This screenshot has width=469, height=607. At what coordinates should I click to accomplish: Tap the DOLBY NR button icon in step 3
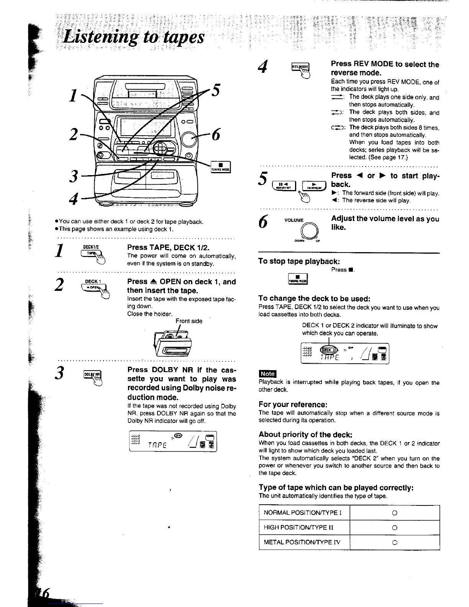pos(92,374)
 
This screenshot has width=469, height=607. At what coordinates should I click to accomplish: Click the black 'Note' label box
pos(267,374)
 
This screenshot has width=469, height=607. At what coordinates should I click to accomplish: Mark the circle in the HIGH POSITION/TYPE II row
pos(394,528)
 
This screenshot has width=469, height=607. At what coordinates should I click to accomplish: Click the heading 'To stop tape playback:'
pos(299,261)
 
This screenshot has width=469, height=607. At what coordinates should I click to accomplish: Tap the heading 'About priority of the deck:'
pos(305,434)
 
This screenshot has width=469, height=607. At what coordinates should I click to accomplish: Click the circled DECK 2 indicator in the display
pos(329,350)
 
